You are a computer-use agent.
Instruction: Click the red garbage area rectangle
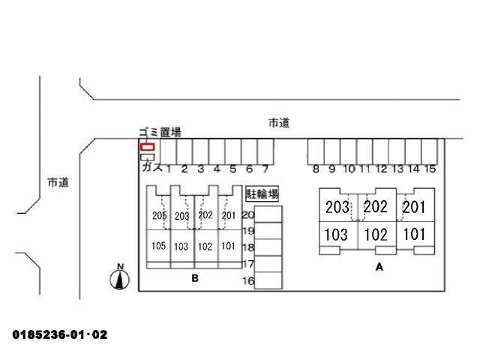147,147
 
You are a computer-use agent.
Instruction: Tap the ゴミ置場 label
160,132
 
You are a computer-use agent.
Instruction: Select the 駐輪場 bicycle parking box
262,193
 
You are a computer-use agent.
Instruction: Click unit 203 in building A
337,207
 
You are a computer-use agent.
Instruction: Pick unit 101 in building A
414,235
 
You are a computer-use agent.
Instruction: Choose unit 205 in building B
159,215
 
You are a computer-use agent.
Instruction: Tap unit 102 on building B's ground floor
205,247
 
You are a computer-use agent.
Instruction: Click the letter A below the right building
379,267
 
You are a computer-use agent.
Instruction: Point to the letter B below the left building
195,278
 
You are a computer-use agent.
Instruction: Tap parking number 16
248,280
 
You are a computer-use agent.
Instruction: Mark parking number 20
248,215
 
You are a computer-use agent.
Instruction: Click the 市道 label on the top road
279,123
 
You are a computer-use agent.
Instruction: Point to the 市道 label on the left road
58,182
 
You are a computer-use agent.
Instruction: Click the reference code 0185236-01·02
60,334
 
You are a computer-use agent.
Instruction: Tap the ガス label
152,167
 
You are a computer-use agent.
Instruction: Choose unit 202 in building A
376,207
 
